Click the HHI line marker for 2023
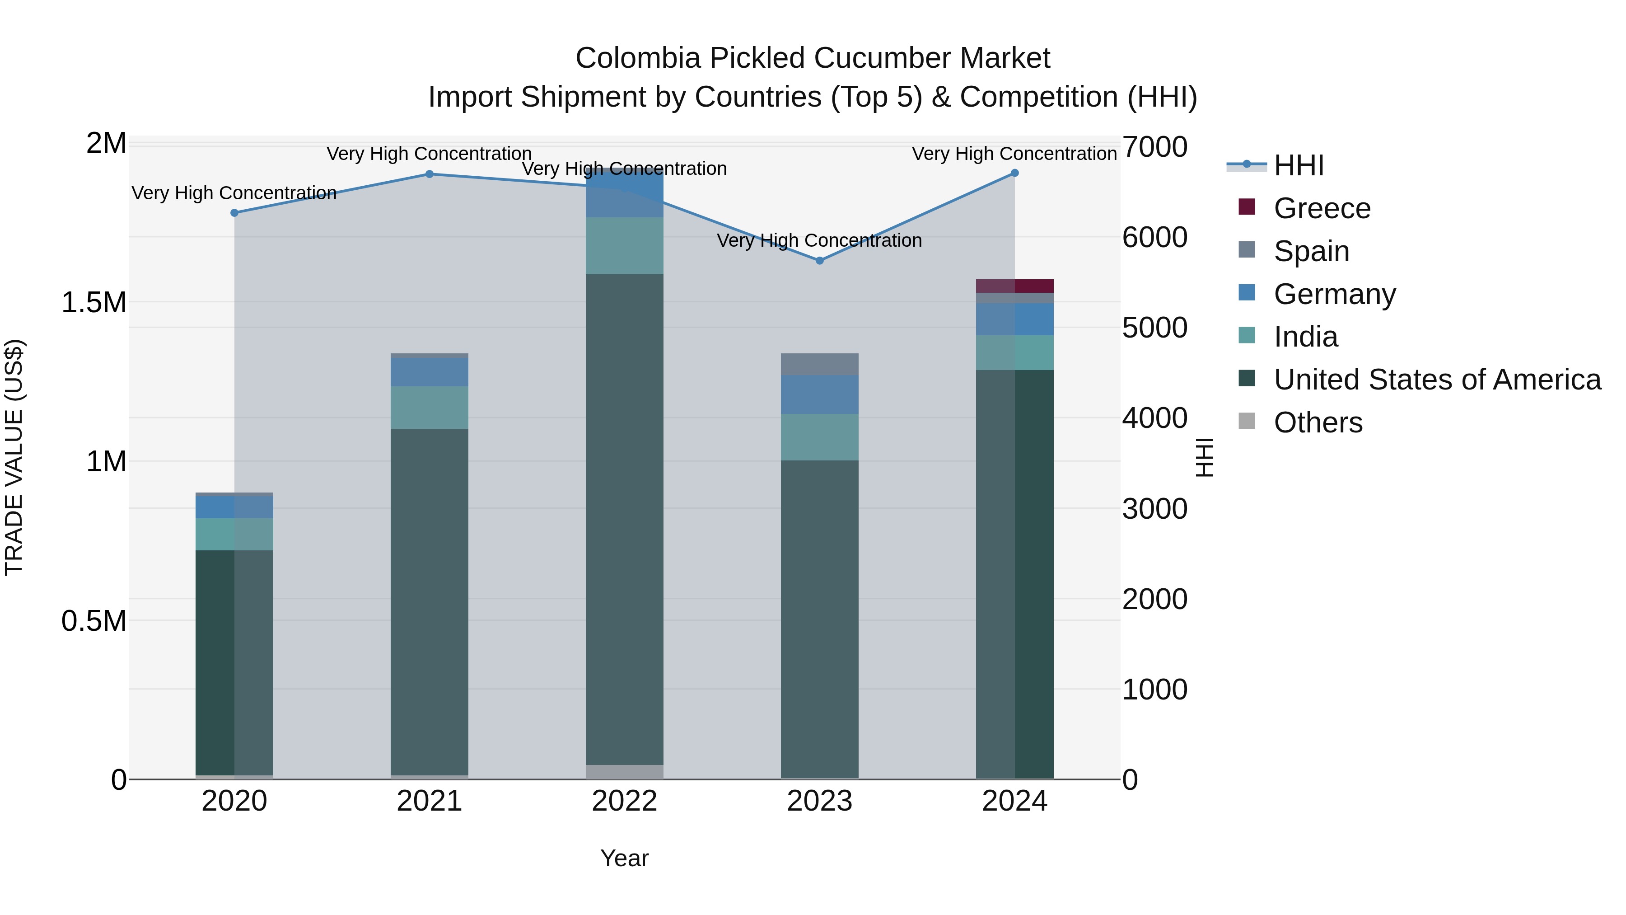coord(819,260)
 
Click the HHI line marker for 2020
coord(234,213)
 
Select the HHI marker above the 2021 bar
coord(429,174)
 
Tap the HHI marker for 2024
coord(1014,173)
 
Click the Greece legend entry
coord(1321,208)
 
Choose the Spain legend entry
coord(1311,251)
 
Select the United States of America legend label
coord(1437,380)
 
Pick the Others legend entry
coord(1318,422)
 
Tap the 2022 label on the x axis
coord(624,801)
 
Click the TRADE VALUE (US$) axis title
coord(14,457)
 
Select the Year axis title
coord(624,858)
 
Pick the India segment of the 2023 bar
coord(819,437)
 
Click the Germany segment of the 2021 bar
coord(429,372)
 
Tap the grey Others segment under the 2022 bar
coord(624,772)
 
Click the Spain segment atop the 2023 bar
coord(819,364)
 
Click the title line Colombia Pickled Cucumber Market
coord(813,58)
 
